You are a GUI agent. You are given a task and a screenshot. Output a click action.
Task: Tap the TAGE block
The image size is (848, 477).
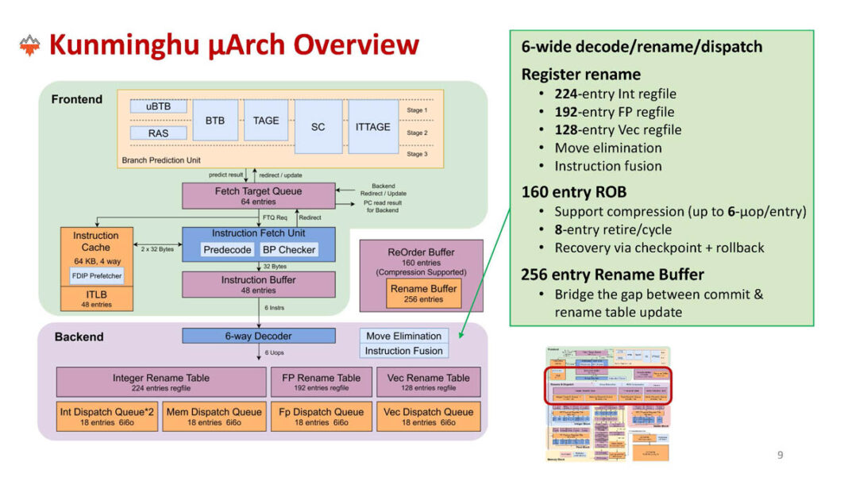266,121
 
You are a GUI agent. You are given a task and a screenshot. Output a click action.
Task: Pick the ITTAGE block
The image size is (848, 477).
372,126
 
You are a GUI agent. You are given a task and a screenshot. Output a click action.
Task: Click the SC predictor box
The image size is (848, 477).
318,126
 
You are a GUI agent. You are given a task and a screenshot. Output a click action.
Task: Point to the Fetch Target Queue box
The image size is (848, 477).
259,196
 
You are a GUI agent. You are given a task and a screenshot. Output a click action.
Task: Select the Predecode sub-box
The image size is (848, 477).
227,249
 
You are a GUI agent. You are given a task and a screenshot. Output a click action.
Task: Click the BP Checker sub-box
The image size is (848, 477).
289,249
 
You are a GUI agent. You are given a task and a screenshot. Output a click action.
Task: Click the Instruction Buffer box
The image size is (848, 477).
259,284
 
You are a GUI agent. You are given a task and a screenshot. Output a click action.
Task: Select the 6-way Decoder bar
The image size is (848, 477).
259,336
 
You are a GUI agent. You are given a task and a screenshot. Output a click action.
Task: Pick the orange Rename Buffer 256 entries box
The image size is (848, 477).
422,294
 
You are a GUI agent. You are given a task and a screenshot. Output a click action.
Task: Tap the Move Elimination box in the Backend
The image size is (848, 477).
403,336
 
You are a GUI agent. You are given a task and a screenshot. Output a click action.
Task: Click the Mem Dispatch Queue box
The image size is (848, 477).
214,416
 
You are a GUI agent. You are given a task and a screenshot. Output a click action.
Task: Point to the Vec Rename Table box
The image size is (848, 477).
429,382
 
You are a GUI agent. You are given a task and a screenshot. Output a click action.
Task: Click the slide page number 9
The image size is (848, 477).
780,455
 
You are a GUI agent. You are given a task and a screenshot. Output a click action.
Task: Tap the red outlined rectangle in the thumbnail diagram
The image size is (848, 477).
607,385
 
